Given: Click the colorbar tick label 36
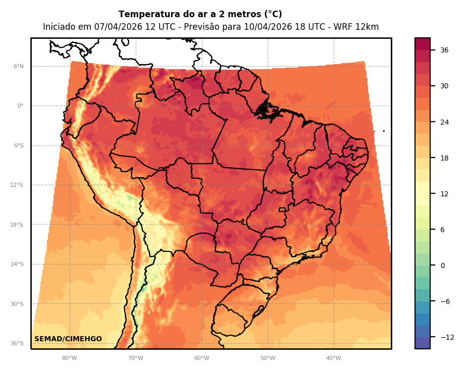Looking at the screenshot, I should [x=444, y=50].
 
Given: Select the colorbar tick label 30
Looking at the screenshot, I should [x=444, y=86].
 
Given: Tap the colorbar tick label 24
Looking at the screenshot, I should [x=444, y=122].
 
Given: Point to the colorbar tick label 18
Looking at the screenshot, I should [x=444, y=158].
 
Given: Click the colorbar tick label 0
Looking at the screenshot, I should [x=443, y=266].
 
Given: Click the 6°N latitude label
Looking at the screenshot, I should [x=18, y=66].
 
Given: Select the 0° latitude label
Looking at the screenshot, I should [x=20, y=106].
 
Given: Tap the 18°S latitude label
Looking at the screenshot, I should [x=17, y=225].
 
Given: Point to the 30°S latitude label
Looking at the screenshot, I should [x=17, y=304].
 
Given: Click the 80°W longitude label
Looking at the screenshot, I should [x=69, y=358].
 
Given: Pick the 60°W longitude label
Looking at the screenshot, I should [x=201, y=358].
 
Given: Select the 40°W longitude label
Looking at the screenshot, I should [x=333, y=358].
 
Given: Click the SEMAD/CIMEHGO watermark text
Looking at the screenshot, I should [x=68, y=339].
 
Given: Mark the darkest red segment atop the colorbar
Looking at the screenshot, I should [x=423, y=44].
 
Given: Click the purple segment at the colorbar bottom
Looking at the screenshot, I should [x=423, y=343].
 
